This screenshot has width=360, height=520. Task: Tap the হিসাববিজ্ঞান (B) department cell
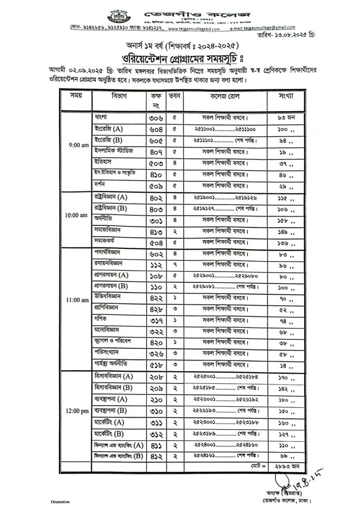(x=113, y=388)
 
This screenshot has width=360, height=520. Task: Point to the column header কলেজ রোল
(x=224, y=95)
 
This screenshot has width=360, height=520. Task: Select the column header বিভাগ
(x=119, y=95)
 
